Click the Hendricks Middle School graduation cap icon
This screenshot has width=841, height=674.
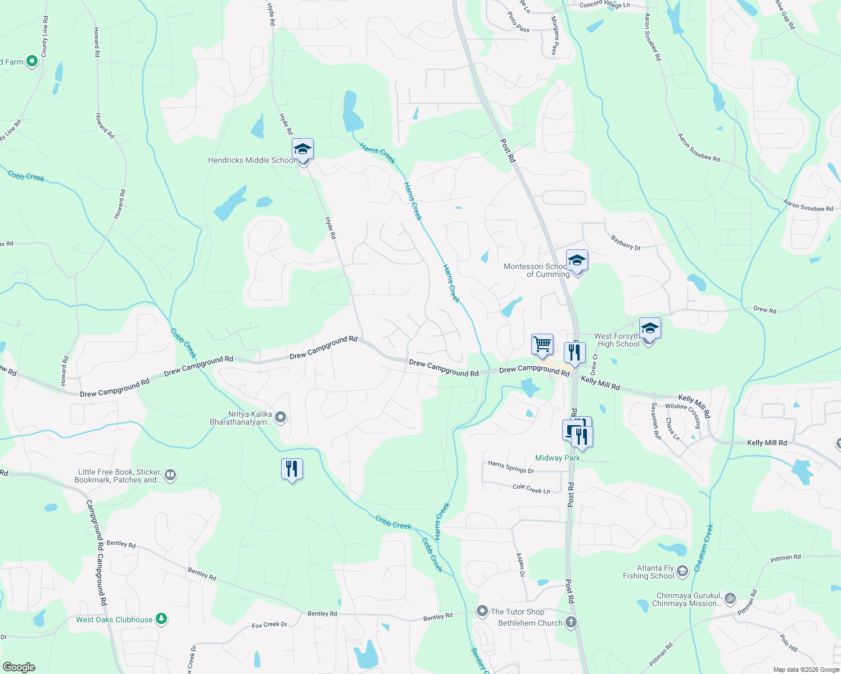(x=302, y=149)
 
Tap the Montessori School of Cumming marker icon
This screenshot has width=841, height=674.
(x=577, y=261)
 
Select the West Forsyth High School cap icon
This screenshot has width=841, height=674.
(x=650, y=328)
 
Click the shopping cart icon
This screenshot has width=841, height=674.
(x=542, y=343)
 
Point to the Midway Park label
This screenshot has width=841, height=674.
(x=557, y=458)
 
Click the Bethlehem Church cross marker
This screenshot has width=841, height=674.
(x=571, y=622)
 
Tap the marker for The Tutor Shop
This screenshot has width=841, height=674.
(x=482, y=611)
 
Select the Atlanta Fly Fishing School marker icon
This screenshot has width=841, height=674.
(x=682, y=571)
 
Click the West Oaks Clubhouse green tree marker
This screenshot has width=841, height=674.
(x=161, y=619)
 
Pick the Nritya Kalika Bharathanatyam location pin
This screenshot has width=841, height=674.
(x=281, y=417)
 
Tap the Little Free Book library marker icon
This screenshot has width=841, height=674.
(x=170, y=476)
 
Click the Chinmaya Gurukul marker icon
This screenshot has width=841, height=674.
(x=730, y=599)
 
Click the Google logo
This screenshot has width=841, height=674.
(x=19, y=667)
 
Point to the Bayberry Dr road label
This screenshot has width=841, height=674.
(x=626, y=243)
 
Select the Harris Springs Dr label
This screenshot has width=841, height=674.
(x=510, y=467)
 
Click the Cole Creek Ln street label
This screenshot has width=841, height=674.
(x=531, y=489)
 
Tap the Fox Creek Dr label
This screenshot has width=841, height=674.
(x=269, y=625)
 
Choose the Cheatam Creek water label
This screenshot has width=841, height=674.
(x=703, y=548)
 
